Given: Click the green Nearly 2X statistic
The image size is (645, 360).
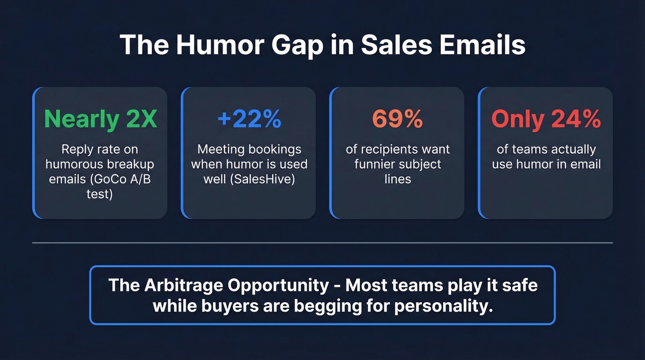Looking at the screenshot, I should click(100, 119).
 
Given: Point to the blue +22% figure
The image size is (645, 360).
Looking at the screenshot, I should click(249, 119).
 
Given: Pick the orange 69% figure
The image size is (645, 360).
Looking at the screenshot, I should click(397, 119).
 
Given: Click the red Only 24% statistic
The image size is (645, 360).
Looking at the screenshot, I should click(546, 119).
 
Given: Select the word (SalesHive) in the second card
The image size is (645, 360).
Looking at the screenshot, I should click(264, 179).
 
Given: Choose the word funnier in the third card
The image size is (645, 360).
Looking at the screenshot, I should click(376, 164).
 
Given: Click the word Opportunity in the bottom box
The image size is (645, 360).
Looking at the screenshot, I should click(280, 286).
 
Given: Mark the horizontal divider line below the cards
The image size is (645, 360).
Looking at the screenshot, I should click(322, 242).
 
